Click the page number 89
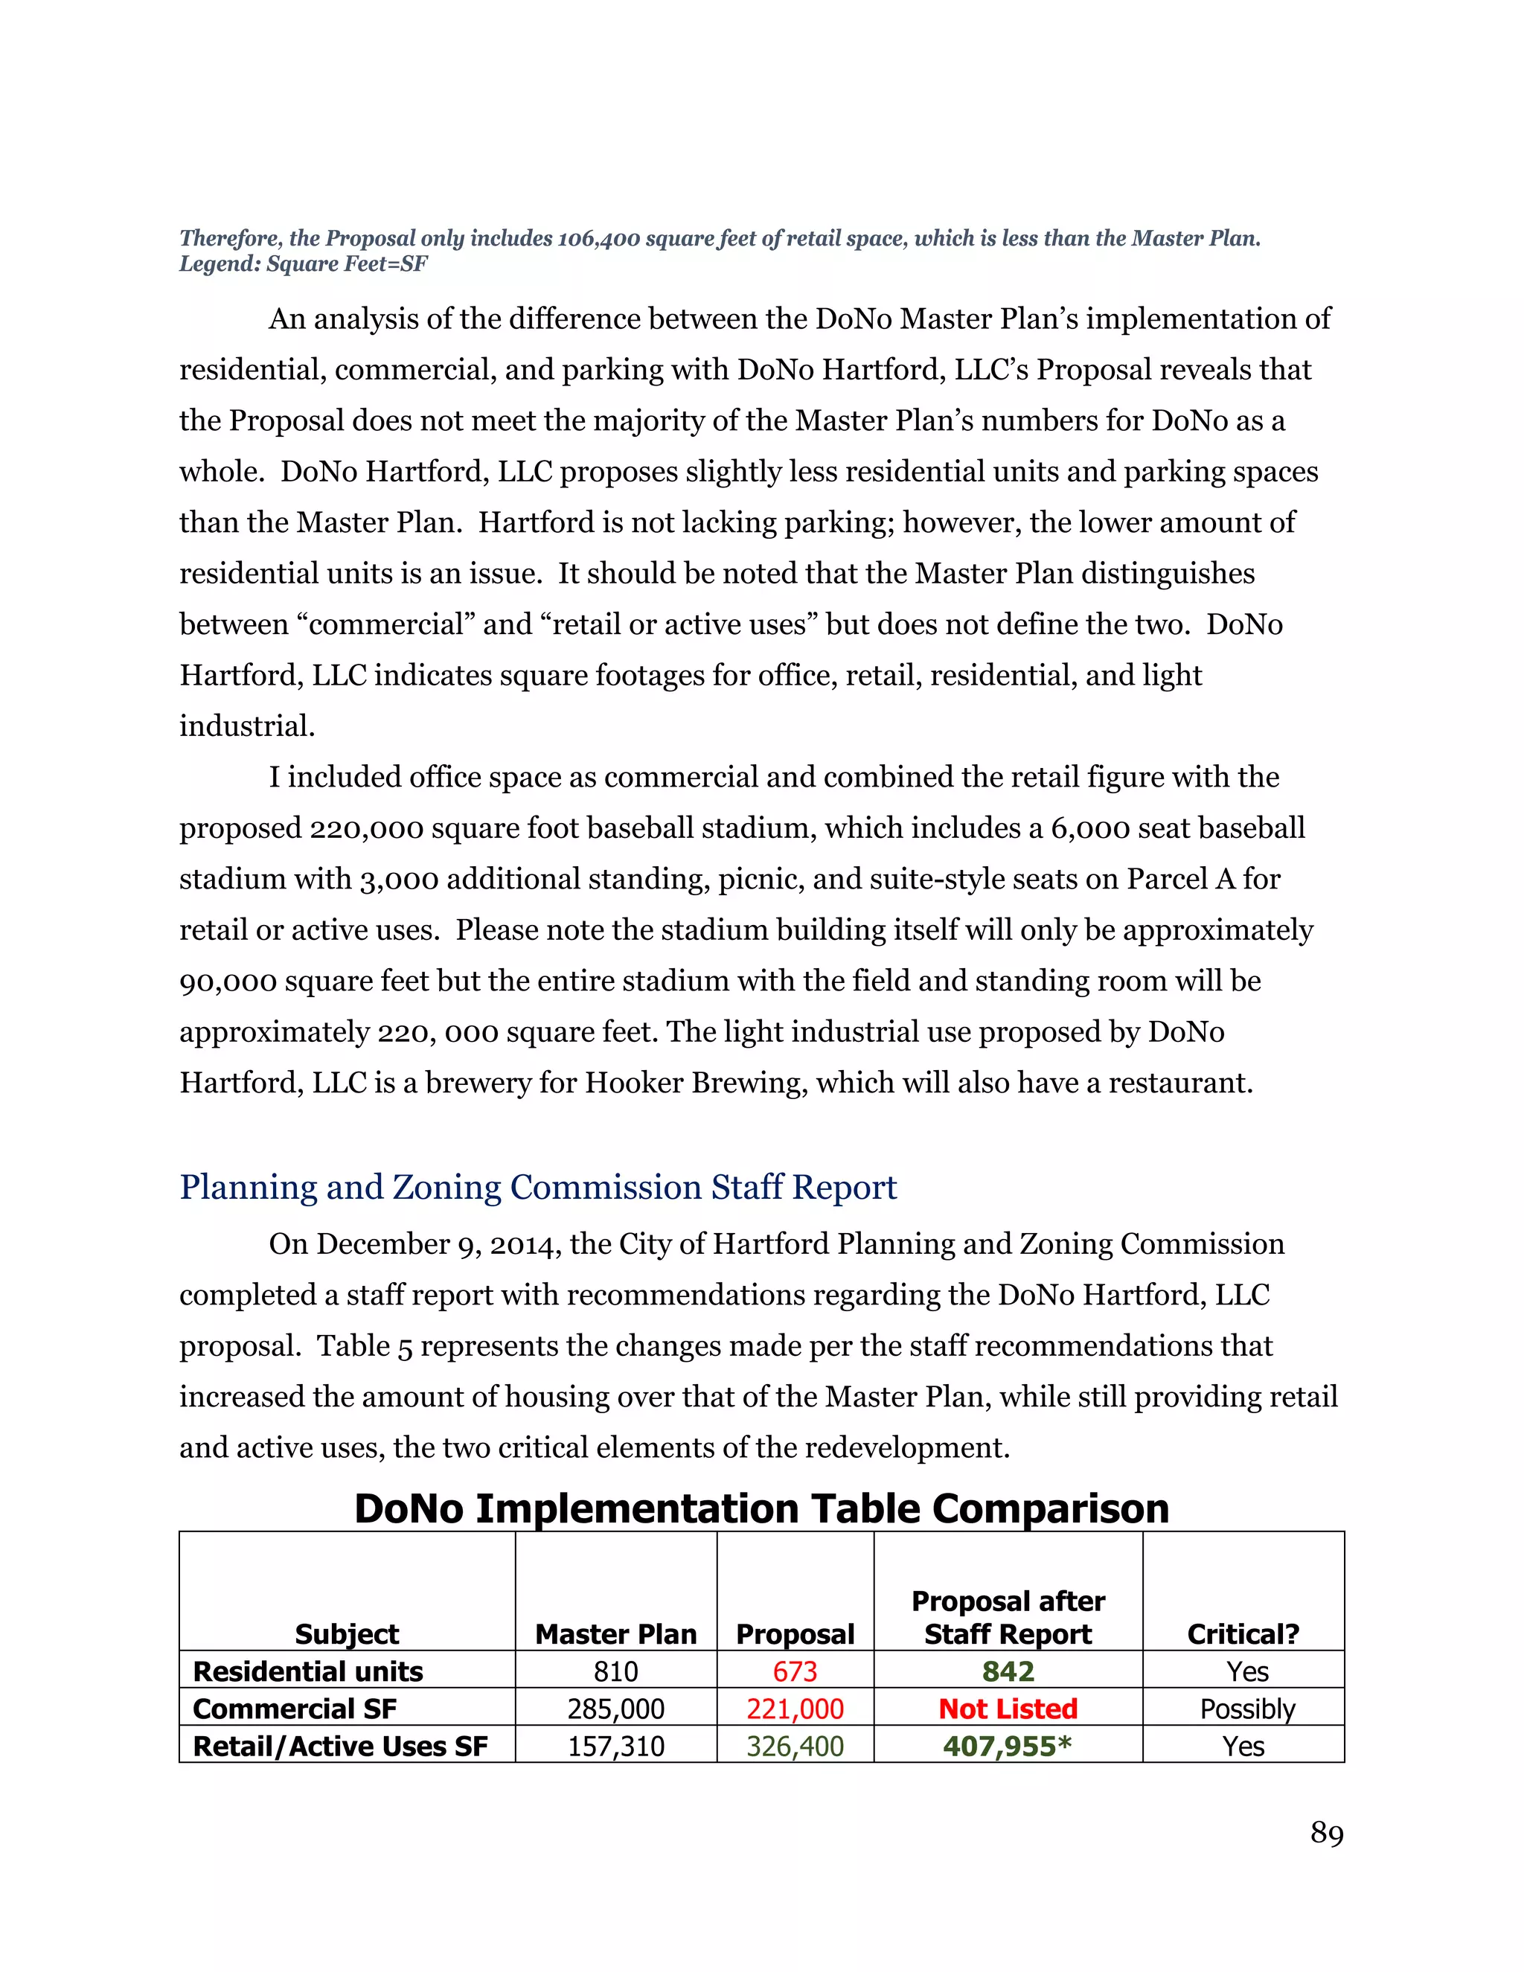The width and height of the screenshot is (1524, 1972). (x=1326, y=1833)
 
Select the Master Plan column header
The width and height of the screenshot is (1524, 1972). (x=615, y=1633)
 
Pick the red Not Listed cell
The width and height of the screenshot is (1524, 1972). (x=1008, y=1709)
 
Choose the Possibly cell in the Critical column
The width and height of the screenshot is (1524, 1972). (x=1247, y=1709)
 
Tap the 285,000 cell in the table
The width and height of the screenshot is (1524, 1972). (x=615, y=1709)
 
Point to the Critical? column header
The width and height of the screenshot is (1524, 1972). (x=1243, y=1633)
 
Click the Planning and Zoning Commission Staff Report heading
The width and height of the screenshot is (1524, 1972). (x=538, y=1186)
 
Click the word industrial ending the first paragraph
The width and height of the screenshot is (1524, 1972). (x=246, y=726)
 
